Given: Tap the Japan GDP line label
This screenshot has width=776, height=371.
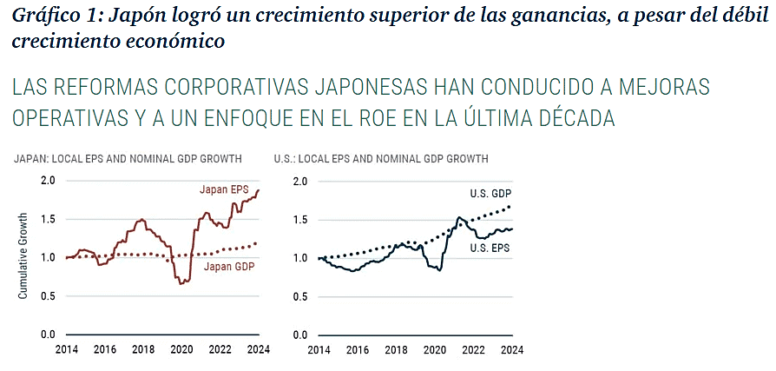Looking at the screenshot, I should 229,266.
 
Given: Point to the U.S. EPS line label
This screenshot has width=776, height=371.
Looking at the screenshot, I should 489,248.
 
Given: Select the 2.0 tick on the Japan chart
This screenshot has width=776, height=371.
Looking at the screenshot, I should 48,181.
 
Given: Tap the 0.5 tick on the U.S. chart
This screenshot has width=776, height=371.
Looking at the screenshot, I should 300,296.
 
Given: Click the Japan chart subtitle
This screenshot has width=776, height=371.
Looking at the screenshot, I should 127,159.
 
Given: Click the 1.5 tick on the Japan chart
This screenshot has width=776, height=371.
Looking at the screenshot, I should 48,219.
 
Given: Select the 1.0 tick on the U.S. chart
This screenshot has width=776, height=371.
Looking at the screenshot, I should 300,258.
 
